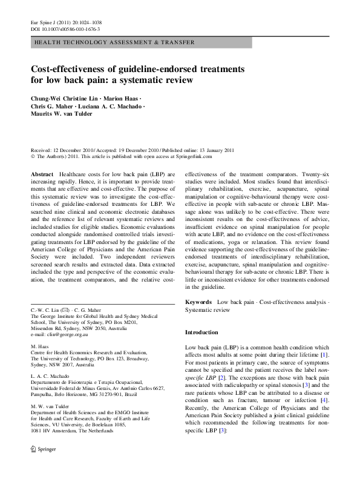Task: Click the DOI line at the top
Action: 65,28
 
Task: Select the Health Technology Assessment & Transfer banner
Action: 114,42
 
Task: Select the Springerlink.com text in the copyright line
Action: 195,156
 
